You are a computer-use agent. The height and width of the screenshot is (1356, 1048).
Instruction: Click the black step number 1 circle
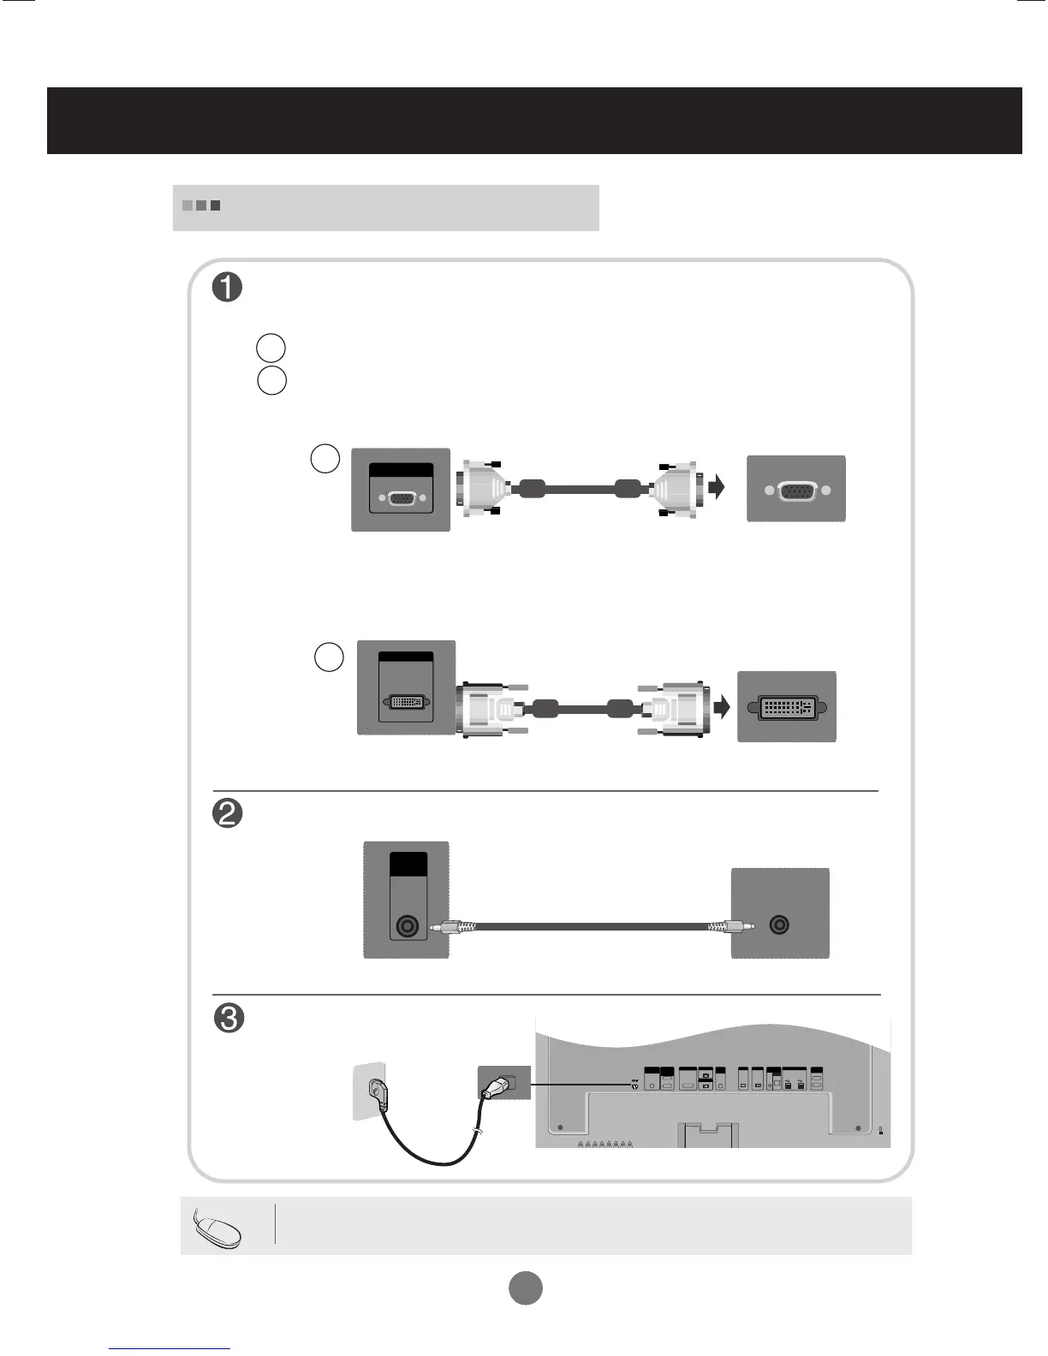coord(228,288)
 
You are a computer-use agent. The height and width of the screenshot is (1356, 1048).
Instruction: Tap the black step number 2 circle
coord(228,813)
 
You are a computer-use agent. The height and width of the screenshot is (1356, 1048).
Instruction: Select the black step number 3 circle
coord(228,1019)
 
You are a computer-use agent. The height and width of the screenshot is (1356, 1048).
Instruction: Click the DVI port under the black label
coord(406,702)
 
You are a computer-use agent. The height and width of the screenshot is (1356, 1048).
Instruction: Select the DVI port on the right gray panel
coord(786,708)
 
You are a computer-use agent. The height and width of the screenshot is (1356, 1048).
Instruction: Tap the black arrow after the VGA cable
coord(717,488)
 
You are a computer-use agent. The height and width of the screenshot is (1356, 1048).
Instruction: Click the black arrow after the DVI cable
coord(724,708)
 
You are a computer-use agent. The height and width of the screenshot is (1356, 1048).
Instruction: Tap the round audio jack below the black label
coord(407,927)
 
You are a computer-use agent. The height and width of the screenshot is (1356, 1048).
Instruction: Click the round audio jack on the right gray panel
coord(779,925)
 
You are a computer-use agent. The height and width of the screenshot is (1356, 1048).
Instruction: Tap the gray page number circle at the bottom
coord(526,1288)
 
